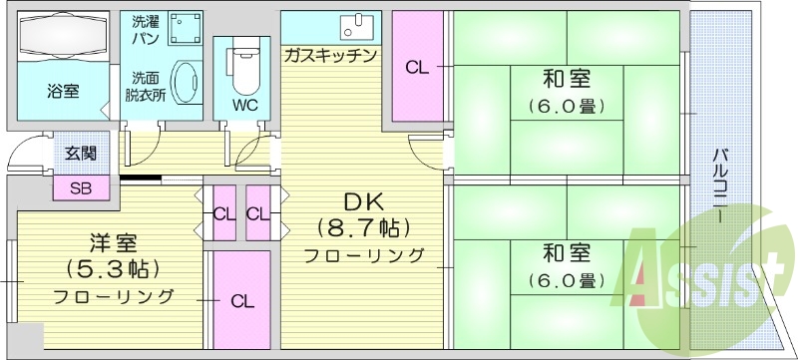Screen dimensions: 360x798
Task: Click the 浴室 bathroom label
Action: click(63, 91)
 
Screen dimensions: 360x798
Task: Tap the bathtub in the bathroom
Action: click(63, 37)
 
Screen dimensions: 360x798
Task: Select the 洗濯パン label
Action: click(145, 29)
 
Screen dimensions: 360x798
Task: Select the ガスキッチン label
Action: click(330, 55)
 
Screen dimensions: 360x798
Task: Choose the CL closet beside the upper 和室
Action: click(417, 68)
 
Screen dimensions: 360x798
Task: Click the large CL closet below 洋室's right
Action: click(240, 299)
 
